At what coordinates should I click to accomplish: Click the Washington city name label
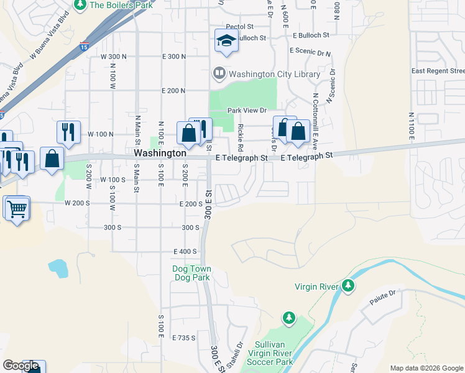coord(160,153)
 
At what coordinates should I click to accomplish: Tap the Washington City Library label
coord(274,74)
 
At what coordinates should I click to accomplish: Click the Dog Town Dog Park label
coord(191,273)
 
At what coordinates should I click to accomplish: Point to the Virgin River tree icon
coord(349,286)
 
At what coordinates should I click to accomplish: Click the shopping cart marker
coord(17,208)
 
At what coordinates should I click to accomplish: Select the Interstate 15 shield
coord(85,46)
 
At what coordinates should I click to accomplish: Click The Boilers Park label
coord(121,6)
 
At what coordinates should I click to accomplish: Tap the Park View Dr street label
coord(247,111)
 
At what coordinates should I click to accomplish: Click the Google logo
coord(21,366)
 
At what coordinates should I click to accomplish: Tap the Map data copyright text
coord(426,368)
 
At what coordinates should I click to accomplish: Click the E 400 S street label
coord(185,251)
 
